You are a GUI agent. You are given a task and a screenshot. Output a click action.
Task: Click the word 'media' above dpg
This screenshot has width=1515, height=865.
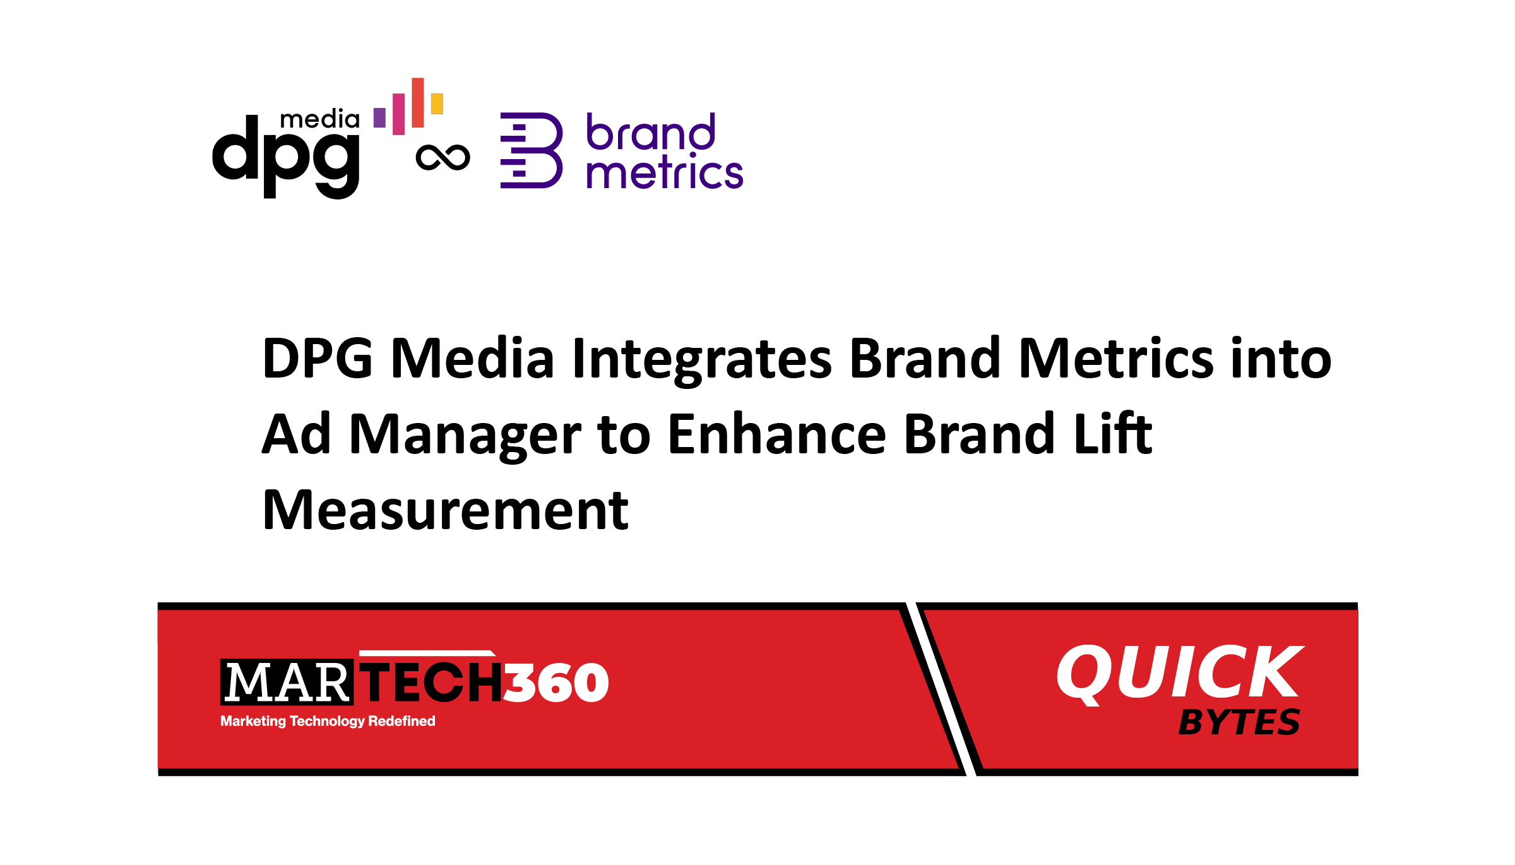pyautogui.click(x=319, y=119)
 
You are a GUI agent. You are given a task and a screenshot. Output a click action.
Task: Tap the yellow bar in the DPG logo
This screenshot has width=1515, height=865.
pyautogui.click(x=437, y=104)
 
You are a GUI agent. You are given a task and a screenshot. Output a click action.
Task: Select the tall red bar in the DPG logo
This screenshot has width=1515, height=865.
pyautogui.click(x=417, y=102)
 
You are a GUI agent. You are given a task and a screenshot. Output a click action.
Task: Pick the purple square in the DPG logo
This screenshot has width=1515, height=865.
pyautogui.click(x=379, y=117)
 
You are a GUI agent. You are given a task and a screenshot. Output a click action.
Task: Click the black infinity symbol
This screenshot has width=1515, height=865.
pyautogui.click(x=443, y=158)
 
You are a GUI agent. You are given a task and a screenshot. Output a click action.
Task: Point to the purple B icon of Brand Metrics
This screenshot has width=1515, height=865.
pyautogui.click(x=532, y=150)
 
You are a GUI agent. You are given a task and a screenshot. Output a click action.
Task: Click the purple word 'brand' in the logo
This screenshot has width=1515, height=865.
pyautogui.click(x=651, y=132)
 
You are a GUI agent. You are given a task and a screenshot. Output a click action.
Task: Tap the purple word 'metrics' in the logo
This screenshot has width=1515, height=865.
pyautogui.click(x=665, y=171)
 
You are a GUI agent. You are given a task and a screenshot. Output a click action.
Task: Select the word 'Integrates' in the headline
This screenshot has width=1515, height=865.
pyautogui.click(x=702, y=360)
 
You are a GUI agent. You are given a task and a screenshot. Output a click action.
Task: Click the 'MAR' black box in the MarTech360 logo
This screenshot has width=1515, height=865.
pyautogui.click(x=287, y=682)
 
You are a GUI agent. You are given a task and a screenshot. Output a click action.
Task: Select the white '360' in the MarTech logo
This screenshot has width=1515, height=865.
pyautogui.click(x=556, y=683)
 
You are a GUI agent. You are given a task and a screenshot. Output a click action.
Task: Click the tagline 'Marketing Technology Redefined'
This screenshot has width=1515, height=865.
pyautogui.click(x=328, y=721)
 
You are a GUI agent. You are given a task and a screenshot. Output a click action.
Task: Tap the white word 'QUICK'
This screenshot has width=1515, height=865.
pyautogui.click(x=1180, y=673)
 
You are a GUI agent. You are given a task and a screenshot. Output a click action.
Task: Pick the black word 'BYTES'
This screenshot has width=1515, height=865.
pyautogui.click(x=1239, y=722)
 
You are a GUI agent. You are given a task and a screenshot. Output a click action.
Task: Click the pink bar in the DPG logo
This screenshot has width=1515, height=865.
pyautogui.click(x=398, y=114)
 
